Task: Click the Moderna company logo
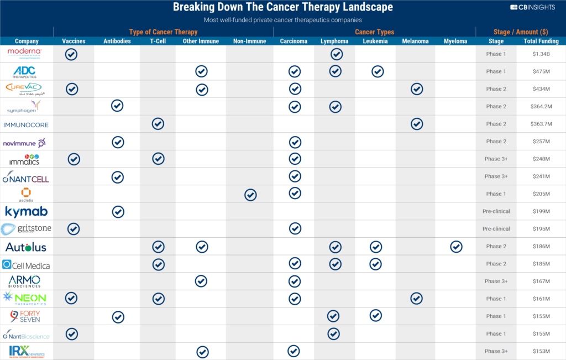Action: (x=25, y=53)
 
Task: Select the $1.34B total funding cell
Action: (x=541, y=54)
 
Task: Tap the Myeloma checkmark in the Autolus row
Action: (x=456, y=247)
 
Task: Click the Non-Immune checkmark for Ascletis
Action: (x=250, y=194)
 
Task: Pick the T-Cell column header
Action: (x=158, y=41)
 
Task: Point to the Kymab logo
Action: (x=26, y=211)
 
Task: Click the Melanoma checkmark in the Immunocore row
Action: (x=417, y=124)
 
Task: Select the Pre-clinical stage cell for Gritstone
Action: (x=496, y=229)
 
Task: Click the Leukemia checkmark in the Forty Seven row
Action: (x=376, y=315)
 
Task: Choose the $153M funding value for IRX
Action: (x=541, y=351)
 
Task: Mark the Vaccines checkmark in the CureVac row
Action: (x=71, y=89)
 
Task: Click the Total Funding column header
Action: (x=541, y=41)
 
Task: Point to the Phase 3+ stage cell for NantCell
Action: (x=496, y=176)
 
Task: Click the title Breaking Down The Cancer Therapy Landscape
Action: (x=282, y=8)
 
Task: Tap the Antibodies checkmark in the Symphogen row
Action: (x=117, y=106)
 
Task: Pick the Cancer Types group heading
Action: (x=374, y=32)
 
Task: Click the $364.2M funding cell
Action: (x=541, y=106)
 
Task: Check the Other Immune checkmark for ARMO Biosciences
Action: (x=202, y=281)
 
